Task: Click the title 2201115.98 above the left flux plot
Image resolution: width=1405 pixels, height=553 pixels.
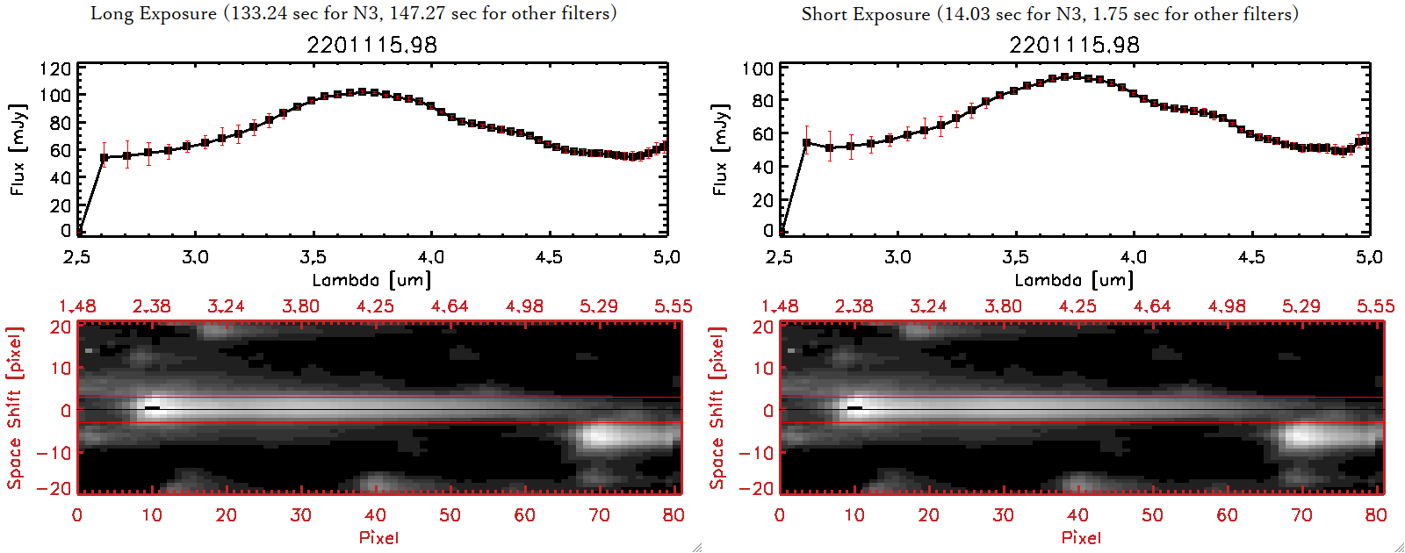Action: (x=371, y=45)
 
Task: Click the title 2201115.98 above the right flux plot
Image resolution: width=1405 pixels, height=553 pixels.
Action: (x=1074, y=45)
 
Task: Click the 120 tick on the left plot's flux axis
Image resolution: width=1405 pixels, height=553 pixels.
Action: (x=55, y=69)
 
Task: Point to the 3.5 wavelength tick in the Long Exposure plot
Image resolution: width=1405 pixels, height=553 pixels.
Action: (x=313, y=257)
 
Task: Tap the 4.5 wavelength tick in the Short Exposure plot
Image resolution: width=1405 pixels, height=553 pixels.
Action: (x=1251, y=257)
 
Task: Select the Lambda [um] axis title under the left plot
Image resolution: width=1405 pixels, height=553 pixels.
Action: (x=371, y=280)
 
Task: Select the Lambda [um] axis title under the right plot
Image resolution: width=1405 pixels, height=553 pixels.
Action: (x=1074, y=280)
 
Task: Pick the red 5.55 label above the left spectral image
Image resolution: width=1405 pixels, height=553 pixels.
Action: (x=673, y=306)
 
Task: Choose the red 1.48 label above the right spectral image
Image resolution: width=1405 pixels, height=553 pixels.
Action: (x=780, y=306)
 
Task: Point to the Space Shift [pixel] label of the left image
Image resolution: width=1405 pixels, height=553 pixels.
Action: (x=15, y=408)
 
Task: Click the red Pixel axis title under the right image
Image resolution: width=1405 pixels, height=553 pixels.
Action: (x=1081, y=537)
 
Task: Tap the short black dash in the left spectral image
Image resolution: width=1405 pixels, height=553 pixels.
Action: (x=152, y=408)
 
